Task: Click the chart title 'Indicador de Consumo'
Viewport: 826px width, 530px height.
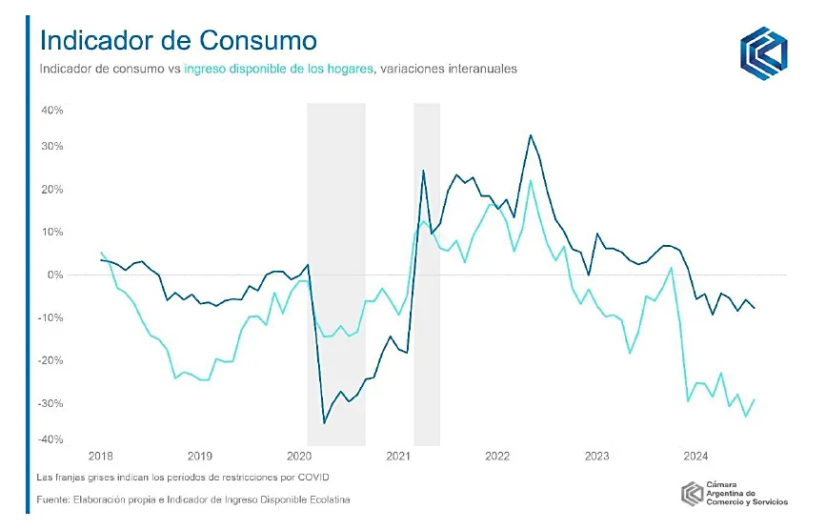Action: click(x=177, y=41)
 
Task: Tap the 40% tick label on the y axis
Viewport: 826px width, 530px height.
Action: click(x=51, y=111)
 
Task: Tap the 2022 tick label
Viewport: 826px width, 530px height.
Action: click(x=497, y=457)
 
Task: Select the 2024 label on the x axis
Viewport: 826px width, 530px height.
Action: click(x=695, y=457)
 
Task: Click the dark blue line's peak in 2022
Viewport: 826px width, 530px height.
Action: click(x=531, y=135)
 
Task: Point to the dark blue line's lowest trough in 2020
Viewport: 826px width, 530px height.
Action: click(x=324, y=422)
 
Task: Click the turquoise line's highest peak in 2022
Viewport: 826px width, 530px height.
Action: click(x=531, y=180)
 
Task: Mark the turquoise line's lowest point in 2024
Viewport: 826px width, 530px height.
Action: click(x=745, y=417)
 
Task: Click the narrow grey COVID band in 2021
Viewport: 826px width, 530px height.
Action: click(x=426, y=275)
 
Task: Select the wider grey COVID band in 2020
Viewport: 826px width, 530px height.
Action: click(x=335, y=275)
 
